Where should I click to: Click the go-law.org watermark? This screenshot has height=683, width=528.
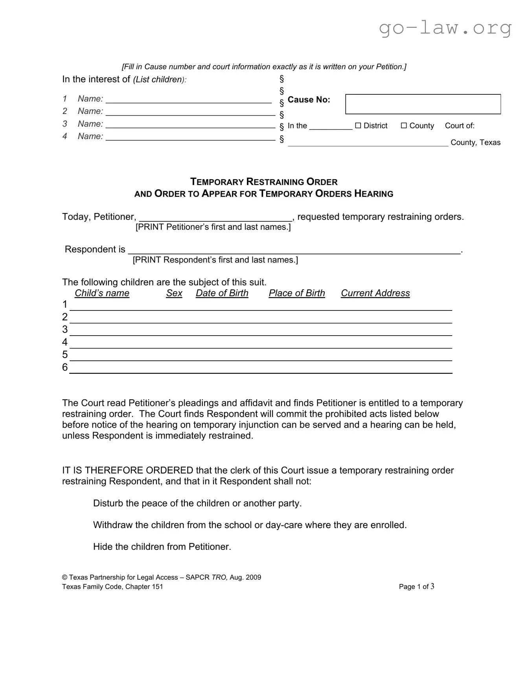[x=445, y=28]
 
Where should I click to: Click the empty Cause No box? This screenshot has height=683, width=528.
[x=423, y=104]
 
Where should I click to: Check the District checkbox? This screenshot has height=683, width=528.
[x=358, y=125]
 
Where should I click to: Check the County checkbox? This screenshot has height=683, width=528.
[x=403, y=125]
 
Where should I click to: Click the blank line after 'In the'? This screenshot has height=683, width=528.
[x=331, y=127]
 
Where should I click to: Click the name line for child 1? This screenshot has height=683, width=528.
[x=189, y=100]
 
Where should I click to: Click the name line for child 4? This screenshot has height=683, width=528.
[x=191, y=137]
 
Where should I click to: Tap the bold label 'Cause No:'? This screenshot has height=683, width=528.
[x=309, y=100]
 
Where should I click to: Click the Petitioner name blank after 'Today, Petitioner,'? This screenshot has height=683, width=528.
[x=215, y=218]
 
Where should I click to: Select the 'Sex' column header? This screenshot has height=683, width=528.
[x=174, y=293]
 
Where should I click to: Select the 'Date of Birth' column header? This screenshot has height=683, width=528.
[x=222, y=293]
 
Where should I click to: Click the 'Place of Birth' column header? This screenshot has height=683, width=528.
[x=297, y=293]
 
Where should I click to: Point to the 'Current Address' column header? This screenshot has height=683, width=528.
[x=375, y=293]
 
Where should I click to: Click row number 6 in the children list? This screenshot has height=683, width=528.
[x=65, y=367]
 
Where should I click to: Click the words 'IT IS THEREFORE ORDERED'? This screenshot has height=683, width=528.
[x=127, y=470]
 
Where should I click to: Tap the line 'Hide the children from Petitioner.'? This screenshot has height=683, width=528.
[x=162, y=547]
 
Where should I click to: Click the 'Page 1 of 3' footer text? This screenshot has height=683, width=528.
[x=416, y=587]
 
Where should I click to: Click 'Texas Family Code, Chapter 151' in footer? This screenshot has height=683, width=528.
[x=112, y=587]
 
